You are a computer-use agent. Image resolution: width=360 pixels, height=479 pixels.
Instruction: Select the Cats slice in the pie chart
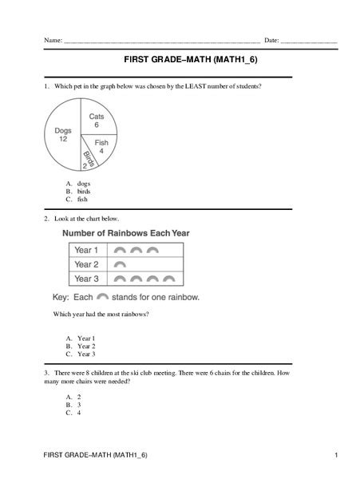[x=96, y=120]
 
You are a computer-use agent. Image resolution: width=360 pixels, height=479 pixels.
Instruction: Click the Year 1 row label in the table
[x=86, y=250]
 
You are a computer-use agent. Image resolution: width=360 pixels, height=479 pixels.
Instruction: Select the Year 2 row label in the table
[x=86, y=264]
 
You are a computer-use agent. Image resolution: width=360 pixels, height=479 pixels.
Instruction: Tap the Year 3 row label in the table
[x=86, y=279]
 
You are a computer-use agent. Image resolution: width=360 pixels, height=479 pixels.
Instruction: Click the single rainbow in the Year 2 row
[x=121, y=264]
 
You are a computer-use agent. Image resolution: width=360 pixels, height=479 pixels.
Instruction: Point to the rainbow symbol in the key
[x=102, y=296]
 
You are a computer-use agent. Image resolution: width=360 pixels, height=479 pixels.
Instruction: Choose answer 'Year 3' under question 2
[x=85, y=353]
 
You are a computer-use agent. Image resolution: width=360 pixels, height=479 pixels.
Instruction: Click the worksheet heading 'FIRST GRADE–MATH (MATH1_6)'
[x=180, y=60]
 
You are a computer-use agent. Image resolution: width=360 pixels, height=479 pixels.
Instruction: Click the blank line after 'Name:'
[x=160, y=39]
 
